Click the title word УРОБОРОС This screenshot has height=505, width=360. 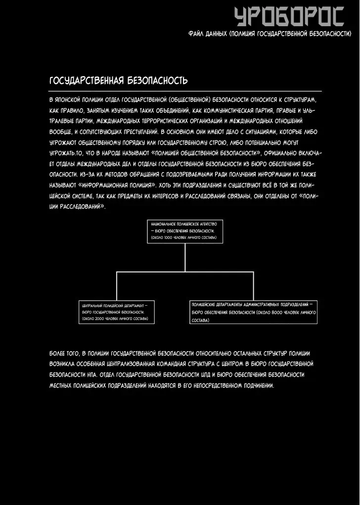point(289,16)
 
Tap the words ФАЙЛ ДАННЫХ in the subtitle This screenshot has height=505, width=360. point(208,34)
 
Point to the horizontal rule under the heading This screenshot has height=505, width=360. point(185,92)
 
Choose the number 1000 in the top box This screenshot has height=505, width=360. point(168,238)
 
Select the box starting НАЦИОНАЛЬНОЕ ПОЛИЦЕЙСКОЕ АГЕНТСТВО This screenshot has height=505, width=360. point(185,231)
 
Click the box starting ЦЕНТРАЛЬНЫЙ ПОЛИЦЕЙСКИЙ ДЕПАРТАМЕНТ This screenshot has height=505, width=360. point(117,313)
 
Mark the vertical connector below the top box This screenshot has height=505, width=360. point(185,258)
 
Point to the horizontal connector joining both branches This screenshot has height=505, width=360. point(185,272)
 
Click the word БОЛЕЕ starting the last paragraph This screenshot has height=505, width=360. point(58,353)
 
